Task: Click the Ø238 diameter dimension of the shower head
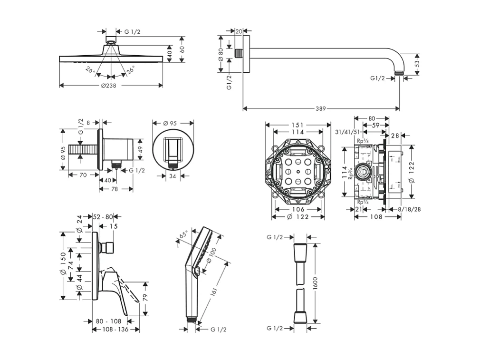pyautogui.click(x=108, y=86)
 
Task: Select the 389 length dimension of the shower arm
pyautogui.click(x=321, y=109)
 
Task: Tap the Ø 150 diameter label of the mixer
pyautogui.click(x=63, y=265)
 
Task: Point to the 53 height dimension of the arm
pyautogui.click(x=417, y=63)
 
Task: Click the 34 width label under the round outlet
pyautogui.click(x=173, y=176)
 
